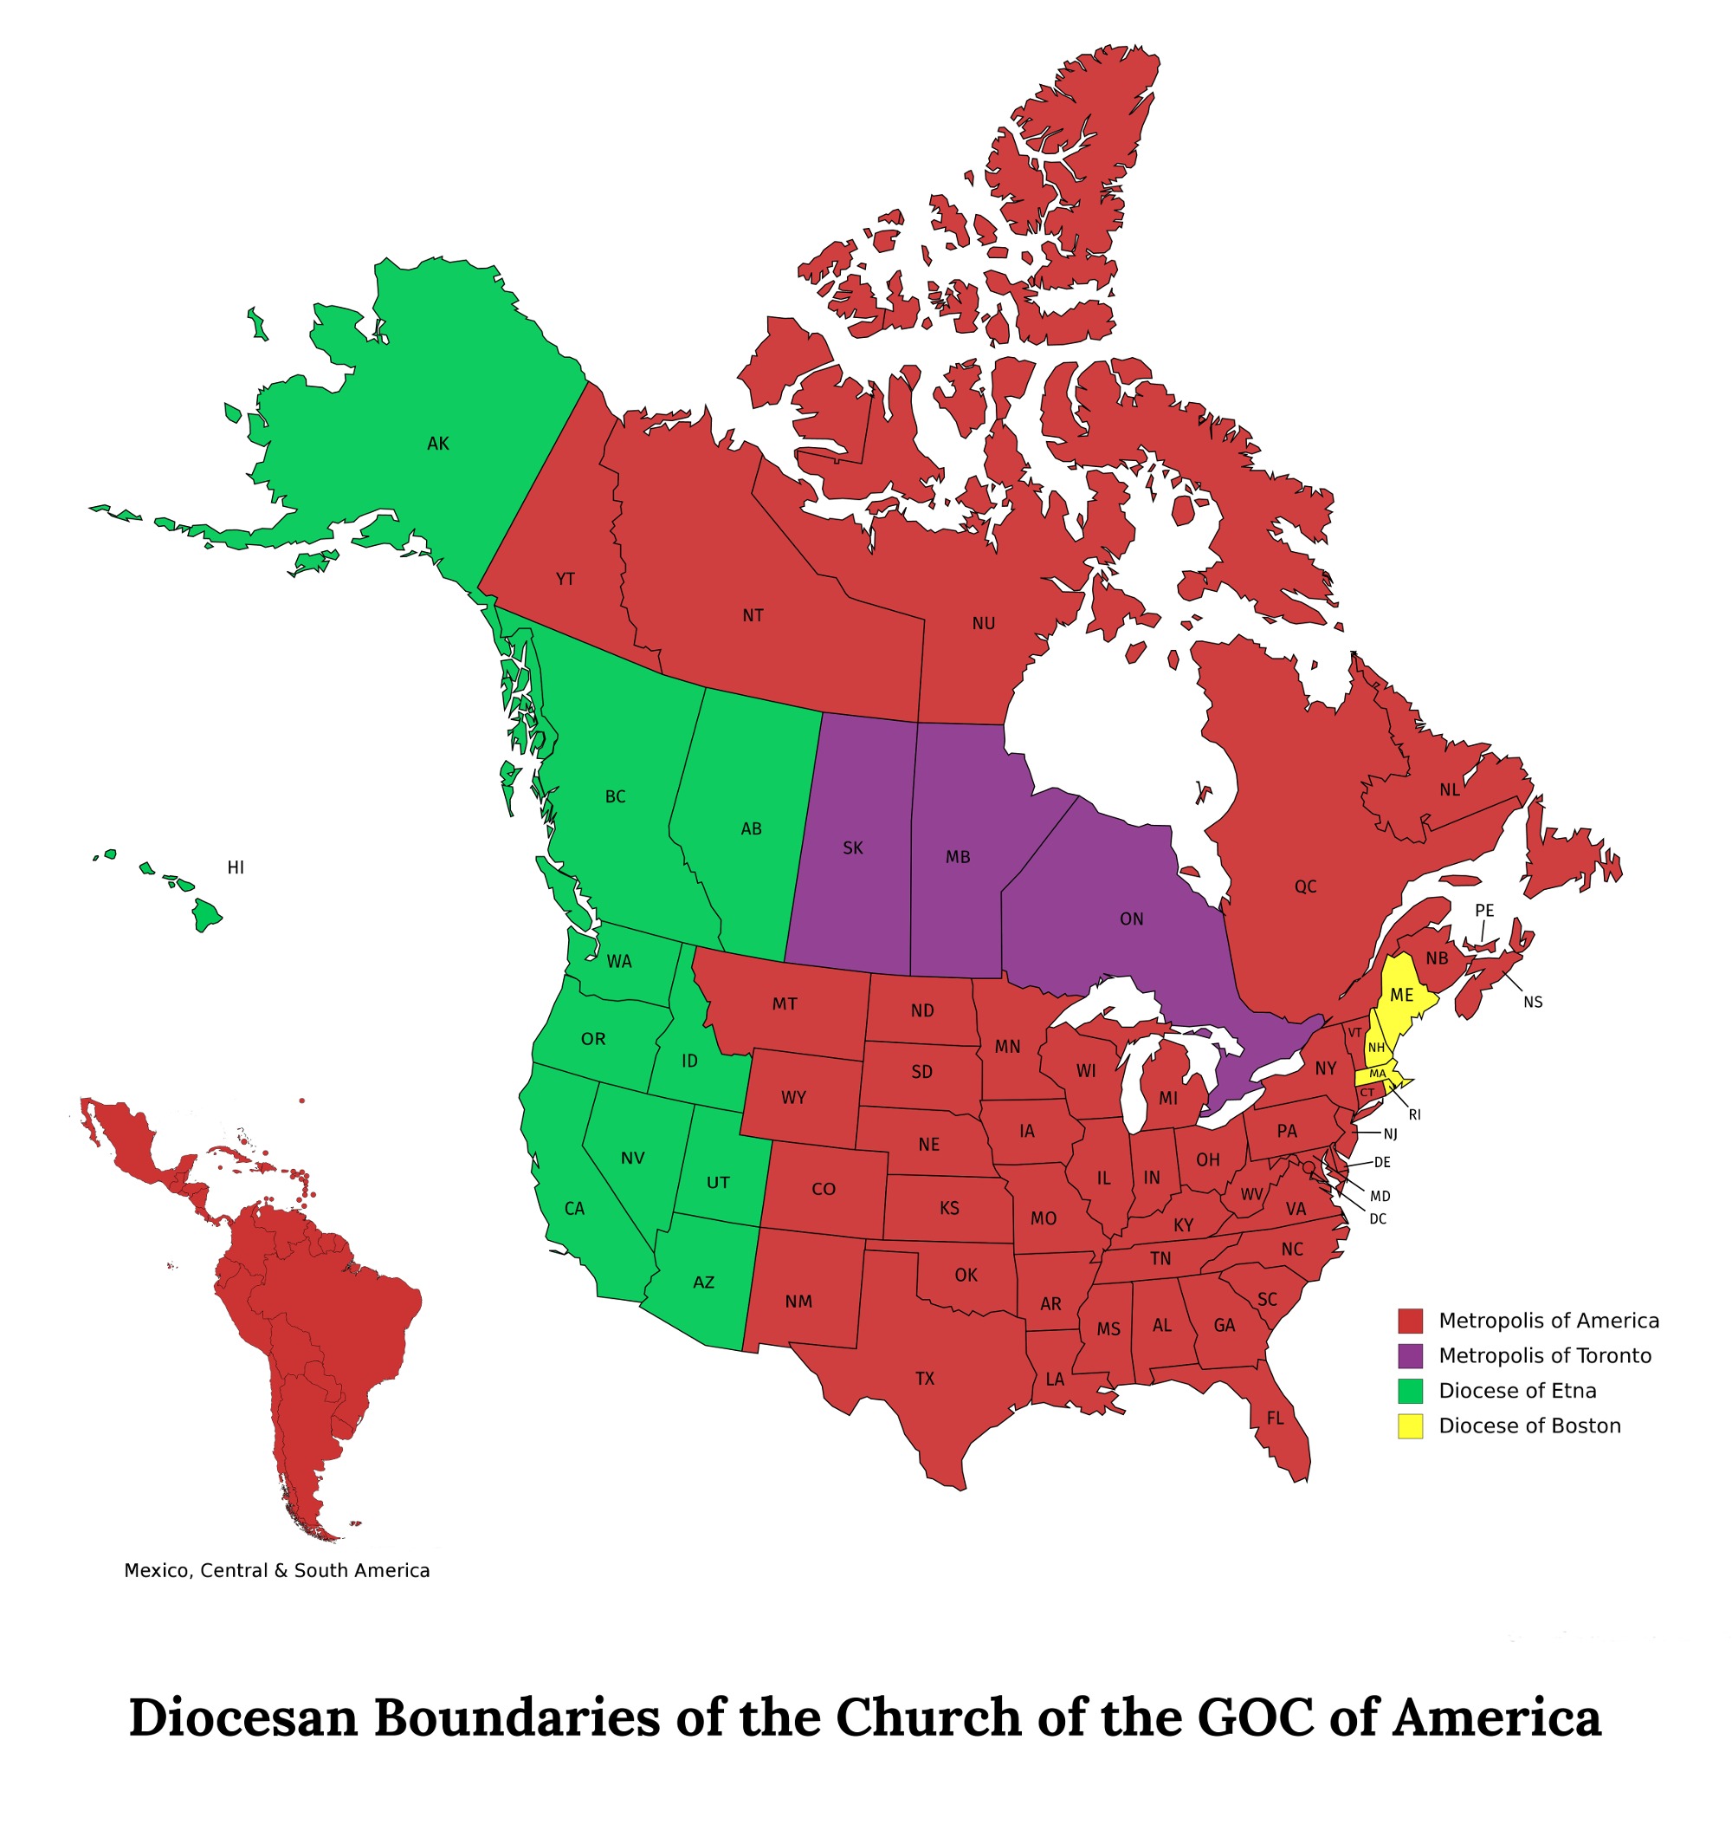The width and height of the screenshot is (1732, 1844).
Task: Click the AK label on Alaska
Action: point(437,444)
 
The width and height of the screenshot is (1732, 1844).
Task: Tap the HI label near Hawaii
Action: point(236,867)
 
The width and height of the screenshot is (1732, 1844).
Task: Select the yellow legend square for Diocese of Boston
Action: point(1409,1425)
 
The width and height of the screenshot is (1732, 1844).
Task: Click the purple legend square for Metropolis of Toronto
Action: point(1409,1355)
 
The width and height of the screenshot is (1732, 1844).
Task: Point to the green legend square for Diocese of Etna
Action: point(1409,1391)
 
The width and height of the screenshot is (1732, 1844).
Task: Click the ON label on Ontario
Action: point(1131,919)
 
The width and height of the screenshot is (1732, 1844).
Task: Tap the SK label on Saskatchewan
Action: point(853,847)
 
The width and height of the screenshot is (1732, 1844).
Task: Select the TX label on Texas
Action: point(924,1379)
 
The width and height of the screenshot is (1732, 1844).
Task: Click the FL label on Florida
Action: point(1275,1419)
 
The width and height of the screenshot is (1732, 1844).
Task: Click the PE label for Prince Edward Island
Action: point(1484,911)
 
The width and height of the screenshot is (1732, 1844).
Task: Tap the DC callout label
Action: point(1378,1219)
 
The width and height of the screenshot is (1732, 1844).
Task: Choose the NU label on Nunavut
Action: point(984,623)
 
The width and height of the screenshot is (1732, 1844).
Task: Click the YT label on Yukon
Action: point(565,579)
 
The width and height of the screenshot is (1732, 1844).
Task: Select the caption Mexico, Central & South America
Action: point(276,1570)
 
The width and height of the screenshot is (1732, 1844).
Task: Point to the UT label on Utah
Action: point(718,1183)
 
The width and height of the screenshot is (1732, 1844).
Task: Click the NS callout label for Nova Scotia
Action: point(1533,1002)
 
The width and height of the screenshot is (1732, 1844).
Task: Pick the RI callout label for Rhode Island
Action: point(1414,1115)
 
